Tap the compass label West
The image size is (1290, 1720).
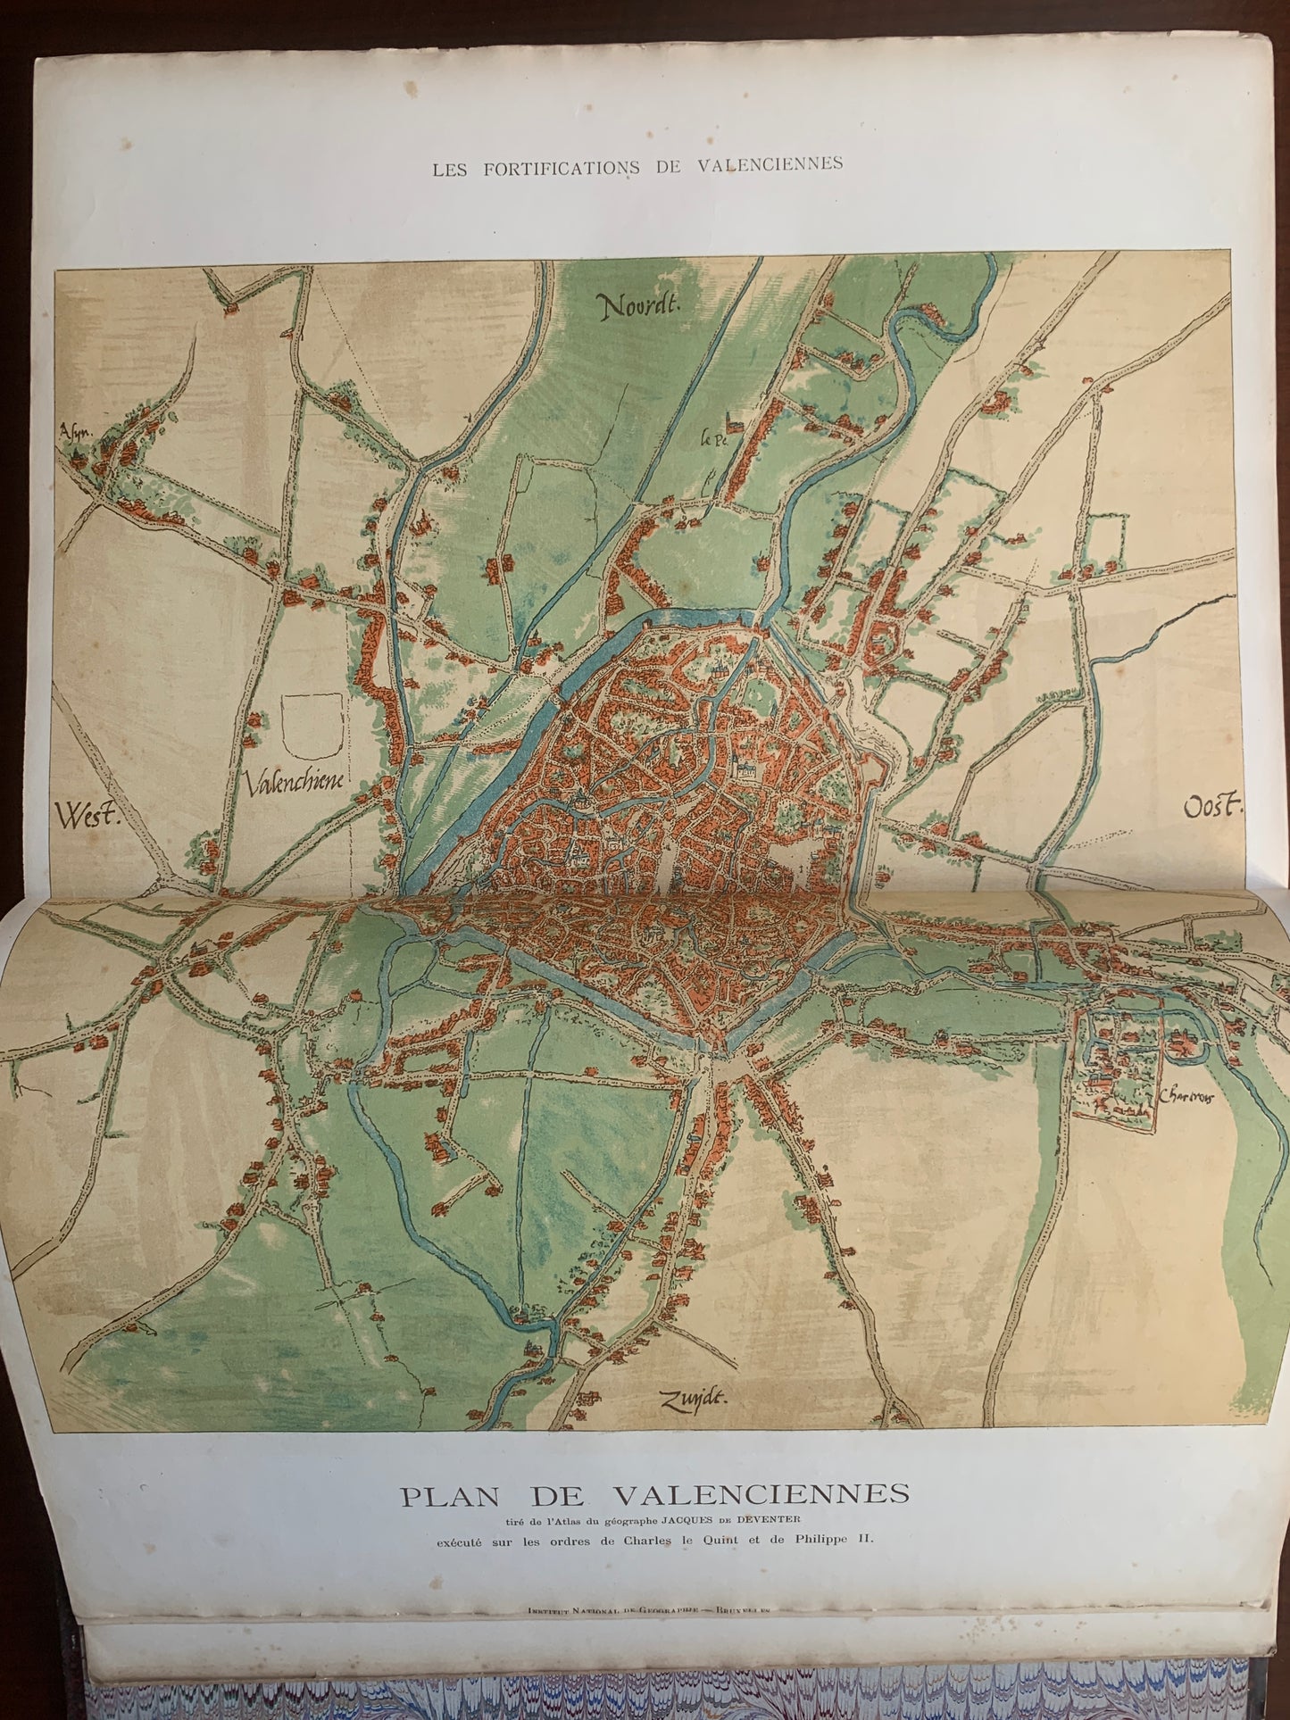point(87,814)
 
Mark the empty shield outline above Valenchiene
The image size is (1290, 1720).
point(312,727)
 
